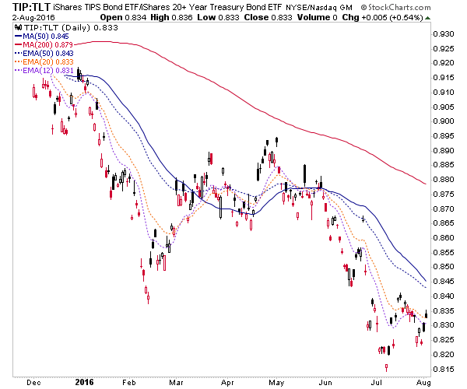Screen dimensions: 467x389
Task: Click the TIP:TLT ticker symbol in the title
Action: (x=31, y=7)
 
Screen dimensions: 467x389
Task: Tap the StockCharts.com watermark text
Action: (x=396, y=7)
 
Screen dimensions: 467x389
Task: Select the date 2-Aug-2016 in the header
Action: (x=33, y=17)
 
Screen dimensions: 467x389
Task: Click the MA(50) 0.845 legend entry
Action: (x=42, y=37)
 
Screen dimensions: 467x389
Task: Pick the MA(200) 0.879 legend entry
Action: (x=44, y=45)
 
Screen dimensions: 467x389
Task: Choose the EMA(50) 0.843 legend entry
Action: (x=44, y=54)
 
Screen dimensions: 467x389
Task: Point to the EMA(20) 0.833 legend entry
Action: (x=44, y=62)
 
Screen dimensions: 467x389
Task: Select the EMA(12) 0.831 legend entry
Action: (x=44, y=71)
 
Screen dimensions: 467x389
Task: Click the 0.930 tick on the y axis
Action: (x=444, y=34)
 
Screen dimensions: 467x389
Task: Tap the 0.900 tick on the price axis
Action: (x=444, y=121)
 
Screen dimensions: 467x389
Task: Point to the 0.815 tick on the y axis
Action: (x=444, y=369)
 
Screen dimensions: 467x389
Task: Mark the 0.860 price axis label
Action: (x=444, y=238)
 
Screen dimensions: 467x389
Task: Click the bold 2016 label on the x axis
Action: (x=84, y=382)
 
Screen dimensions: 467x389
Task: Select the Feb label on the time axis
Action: (x=129, y=383)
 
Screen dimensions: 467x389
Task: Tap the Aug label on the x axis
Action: (x=423, y=383)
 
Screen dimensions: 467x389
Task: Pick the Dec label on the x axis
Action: (x=33, y=383)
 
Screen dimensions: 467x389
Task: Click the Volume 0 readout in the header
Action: (x=318, y=17)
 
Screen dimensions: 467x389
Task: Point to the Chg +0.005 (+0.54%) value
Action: (x=382, y=17)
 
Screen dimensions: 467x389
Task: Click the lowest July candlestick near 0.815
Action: (x=386, y=367)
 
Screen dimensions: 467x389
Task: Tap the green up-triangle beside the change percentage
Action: (x=427, y=18)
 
